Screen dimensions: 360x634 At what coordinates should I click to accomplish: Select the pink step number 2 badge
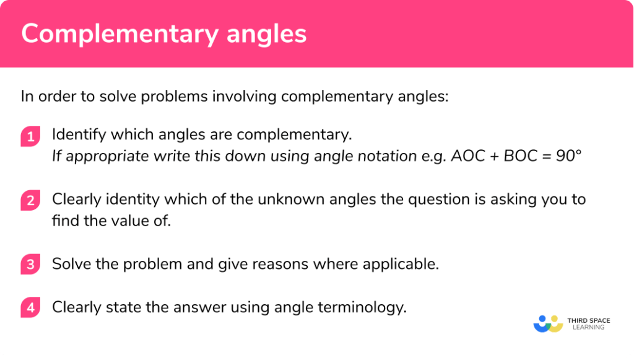[30, 201]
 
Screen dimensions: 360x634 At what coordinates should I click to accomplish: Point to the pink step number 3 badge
[30, 265]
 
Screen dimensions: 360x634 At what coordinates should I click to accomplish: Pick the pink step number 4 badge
[30, 307]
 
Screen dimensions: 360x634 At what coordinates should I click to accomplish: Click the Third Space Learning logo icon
[547, 323]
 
